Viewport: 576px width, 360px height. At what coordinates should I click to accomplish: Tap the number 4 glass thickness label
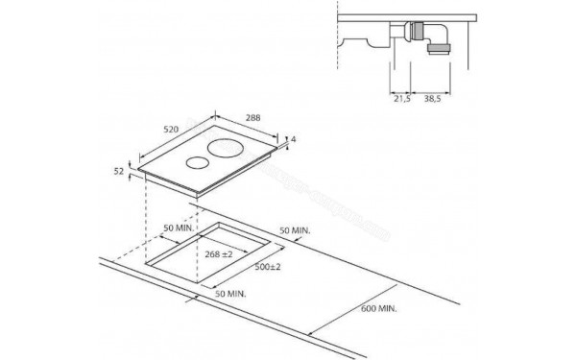[x=293, y=140]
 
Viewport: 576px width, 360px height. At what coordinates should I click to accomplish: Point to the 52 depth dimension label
[x=119, y=171]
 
